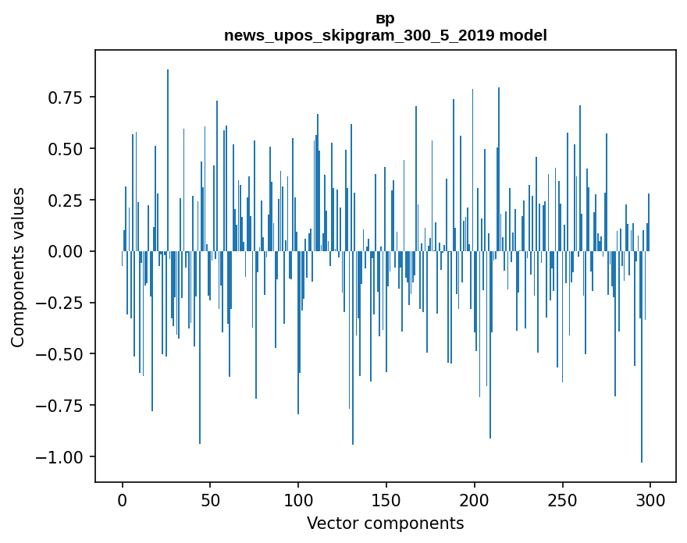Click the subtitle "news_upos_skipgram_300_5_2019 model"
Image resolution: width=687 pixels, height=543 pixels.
click(385, 35)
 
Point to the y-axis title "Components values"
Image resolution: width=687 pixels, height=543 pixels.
click(18, 267)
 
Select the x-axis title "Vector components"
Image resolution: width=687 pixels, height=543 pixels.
click(385, 523)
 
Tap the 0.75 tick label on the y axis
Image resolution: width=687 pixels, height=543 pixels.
click(66, 98)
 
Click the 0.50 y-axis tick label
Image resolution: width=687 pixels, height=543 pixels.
click(66, 148)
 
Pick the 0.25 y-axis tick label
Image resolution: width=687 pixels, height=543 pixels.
click(66, 200)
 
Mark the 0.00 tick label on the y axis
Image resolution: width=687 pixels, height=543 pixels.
click(66, 251)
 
